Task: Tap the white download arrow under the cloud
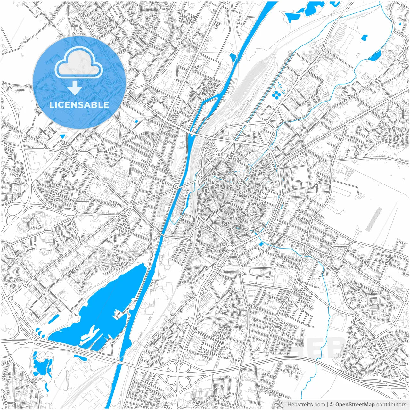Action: (x=75, y=88)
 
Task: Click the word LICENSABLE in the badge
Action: (x=79, y=105)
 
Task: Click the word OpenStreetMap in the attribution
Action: (x=355, y=405)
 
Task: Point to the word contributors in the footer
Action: (x=391, y=405)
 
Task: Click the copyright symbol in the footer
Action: (x=332, y=405)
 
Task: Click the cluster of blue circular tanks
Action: (x=277, y=93)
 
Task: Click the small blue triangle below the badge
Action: (x=62, y=136)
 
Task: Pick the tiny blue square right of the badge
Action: (x=137, y=121)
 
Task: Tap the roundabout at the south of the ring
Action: (x=230, y=248)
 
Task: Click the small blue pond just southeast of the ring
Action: (x=261, y=244)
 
